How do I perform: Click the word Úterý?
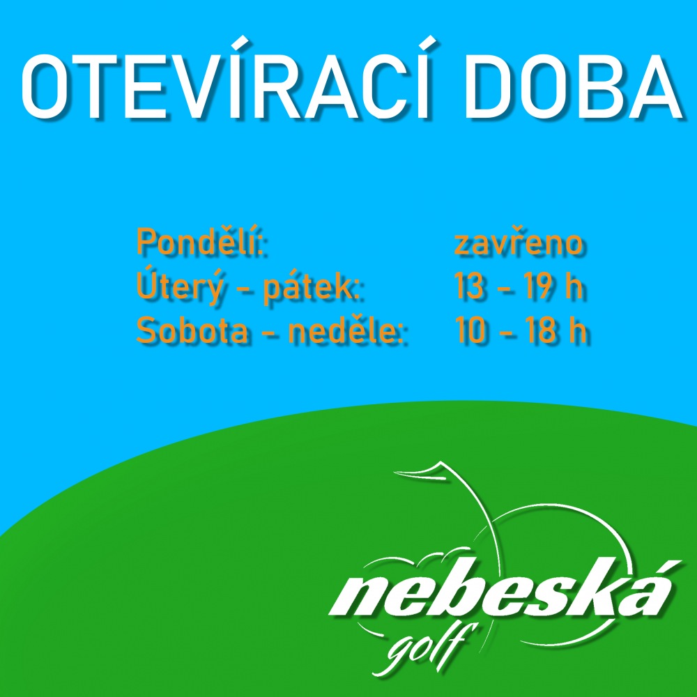click(x=178, y=286)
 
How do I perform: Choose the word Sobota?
click(x=192, y=331)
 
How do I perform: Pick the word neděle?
click(x=345, y=330)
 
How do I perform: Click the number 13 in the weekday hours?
click(x=469, y=286)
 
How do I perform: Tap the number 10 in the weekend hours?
click(x=469, y=331)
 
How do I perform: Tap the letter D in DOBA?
click(x=488, y=87)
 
